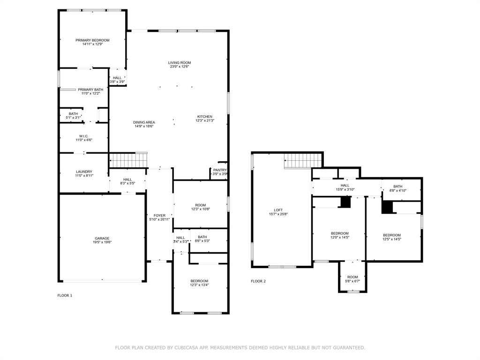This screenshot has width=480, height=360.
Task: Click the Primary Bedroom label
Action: [x=92, y=40]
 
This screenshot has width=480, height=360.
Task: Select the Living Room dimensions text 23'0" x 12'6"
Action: [x=180, y=67]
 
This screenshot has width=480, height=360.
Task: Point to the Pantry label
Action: [x=220, y=170]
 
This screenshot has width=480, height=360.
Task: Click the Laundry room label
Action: [x=84, y=172]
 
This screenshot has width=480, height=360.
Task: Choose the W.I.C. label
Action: [x=84, y=136]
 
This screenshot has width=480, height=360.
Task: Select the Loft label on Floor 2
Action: [x=278, y=210]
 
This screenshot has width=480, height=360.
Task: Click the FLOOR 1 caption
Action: [x=65, y=295]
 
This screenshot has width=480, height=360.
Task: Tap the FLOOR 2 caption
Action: [x=258, y=281]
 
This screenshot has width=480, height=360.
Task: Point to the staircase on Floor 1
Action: [x=128, y=160]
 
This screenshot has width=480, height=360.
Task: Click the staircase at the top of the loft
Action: [x=303, y=161]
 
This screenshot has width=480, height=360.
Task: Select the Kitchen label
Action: [x=204, y=116]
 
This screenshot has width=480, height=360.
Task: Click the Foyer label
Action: [x=159, y=215]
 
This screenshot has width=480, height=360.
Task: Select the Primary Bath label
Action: [x=90, y=90]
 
